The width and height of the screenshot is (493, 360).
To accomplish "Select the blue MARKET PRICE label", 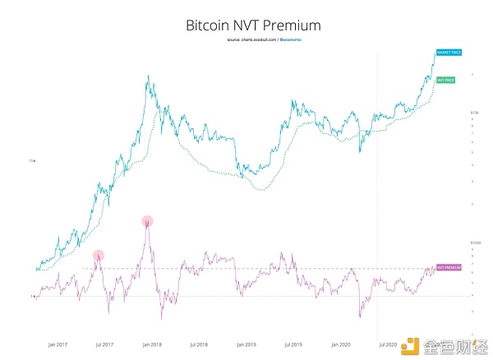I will [449, 53].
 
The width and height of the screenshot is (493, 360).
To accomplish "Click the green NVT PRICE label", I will [447, 81].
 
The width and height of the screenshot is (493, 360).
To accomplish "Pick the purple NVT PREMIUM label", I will [449, 268].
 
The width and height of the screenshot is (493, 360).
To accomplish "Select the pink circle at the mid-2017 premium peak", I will [99, 256].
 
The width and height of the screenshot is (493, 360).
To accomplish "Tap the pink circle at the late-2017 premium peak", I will [147, 220].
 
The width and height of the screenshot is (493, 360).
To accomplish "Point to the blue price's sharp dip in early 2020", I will [360, 152].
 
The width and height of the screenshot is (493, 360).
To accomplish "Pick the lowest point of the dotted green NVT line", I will [261, 189].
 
